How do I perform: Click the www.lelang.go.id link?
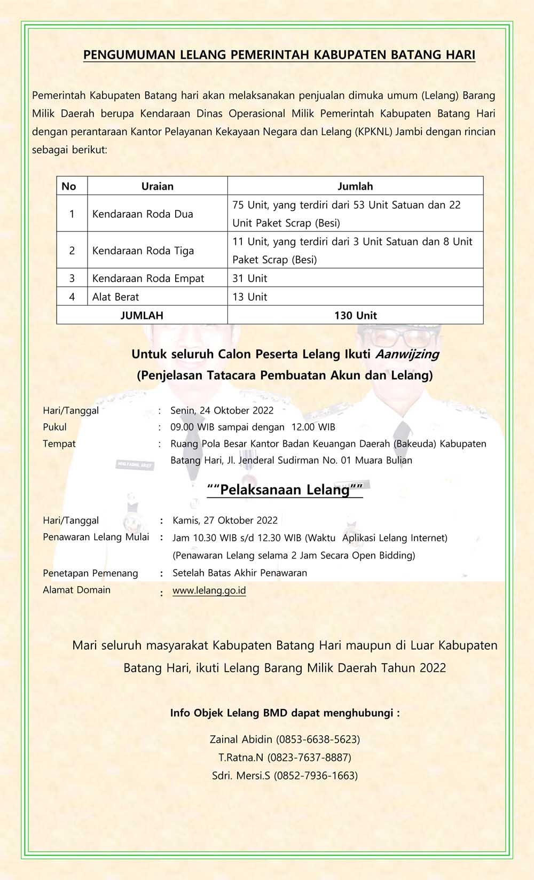[x=209, y=590]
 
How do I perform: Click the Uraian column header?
[x=157, y=186]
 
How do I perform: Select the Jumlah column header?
[x=355, y=186]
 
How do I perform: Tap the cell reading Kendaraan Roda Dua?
[x=143, y=214]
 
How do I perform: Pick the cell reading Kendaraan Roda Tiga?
[x=143, y=251]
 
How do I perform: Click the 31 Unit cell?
[x=250, y=278]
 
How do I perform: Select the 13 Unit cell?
[x=250, y=297]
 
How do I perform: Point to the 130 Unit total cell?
[x=355, y=315]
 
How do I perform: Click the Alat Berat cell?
[x=116, y=297]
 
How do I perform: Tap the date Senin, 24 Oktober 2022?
[x=222, y=410]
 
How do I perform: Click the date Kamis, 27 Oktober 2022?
[x=225, y=520]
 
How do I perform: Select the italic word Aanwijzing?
[x=407, y=354]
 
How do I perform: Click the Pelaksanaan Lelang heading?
[x=285, y=489]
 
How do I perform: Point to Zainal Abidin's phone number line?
[x=285, y=739]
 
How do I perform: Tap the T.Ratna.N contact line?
[x=285, y=758]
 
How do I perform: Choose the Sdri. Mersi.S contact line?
[x=285, y=776]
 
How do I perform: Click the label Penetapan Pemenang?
[x=90, y=573]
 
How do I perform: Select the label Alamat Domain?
[x=76, y=590]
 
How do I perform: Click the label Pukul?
[x=54, y=427]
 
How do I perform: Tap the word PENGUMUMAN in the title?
[x=122, y=54]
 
